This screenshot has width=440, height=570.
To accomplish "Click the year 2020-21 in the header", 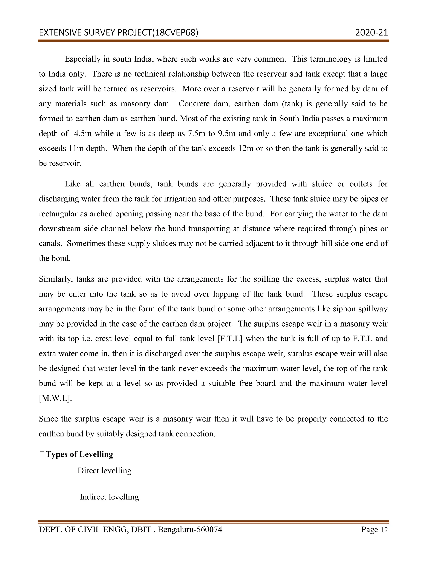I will tap(371, 33).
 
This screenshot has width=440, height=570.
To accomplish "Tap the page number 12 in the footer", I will tap(384, 530).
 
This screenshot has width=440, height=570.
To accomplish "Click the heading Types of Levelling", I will tap(79, 454).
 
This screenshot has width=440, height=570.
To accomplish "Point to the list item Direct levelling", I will tap(104, 471).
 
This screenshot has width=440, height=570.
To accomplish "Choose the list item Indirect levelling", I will tap(109, 497).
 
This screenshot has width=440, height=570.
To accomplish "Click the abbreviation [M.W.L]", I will tap(55, 399).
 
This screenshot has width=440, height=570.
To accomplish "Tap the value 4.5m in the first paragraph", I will tap(83, 134).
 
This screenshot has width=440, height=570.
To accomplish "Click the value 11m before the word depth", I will tap(76, 148).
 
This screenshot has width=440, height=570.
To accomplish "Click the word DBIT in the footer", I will tap(141, 530).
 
